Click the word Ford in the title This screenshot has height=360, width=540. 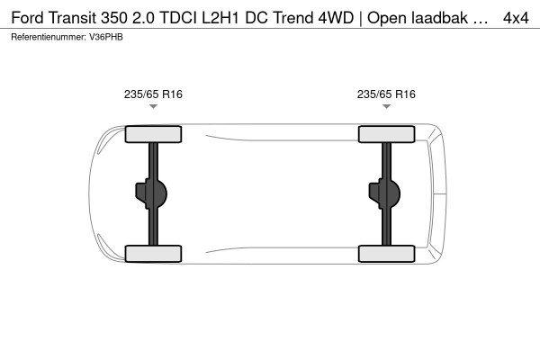[x=28, y=18]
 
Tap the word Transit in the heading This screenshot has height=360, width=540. [x=73, y=18]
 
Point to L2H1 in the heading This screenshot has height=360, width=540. [x=220, y=18]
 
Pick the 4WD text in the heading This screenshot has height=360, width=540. [x=336, y=18]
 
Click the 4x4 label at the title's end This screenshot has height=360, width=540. [x=516, y=18]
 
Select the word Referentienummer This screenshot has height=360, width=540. [x=49, y=37]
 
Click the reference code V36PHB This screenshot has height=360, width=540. [x=106, y=37]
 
